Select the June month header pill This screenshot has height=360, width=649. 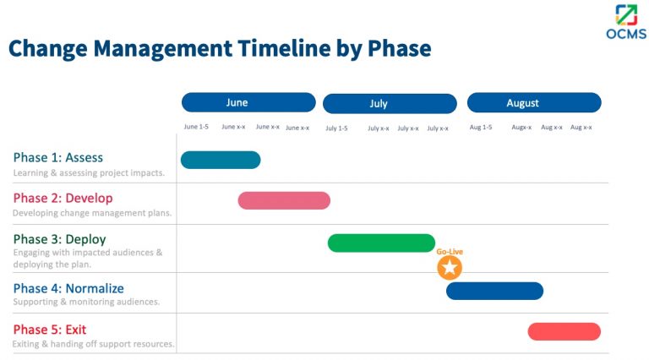point(248,102)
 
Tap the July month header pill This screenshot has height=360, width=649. point(390,103)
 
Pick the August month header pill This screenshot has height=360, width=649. point(534,103)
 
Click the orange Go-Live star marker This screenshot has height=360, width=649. point(450,268)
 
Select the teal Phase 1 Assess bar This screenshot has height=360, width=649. point(221,160)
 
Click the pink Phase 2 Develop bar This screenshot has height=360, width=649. point(284,200)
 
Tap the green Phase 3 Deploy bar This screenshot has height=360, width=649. point(381,243)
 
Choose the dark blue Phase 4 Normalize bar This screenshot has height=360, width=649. point(494,291)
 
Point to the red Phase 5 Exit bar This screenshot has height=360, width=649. point(564,331)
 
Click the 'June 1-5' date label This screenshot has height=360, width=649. point(196,127)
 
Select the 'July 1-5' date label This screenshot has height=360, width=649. point(336,128)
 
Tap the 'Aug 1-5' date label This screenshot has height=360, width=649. point(481,128)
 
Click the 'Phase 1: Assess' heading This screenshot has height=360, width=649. point(58,157)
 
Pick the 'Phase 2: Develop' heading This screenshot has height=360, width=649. point(63,198)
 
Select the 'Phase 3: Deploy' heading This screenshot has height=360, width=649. point(59,239)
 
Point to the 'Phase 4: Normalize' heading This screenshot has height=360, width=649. point(68,288)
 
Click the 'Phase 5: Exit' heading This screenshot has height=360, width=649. point(50,330)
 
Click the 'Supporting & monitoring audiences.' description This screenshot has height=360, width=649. point(86,302)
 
